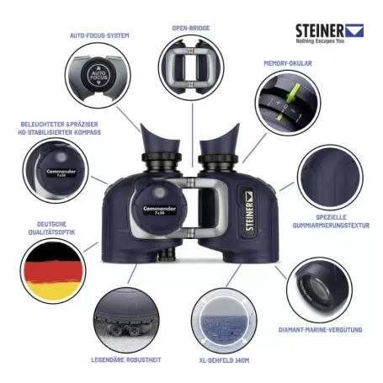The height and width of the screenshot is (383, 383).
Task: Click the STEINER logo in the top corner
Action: coord(328,32)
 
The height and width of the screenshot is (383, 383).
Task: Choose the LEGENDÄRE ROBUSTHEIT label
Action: coord(125,360)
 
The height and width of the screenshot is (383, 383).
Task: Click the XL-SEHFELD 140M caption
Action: coord(221,360)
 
